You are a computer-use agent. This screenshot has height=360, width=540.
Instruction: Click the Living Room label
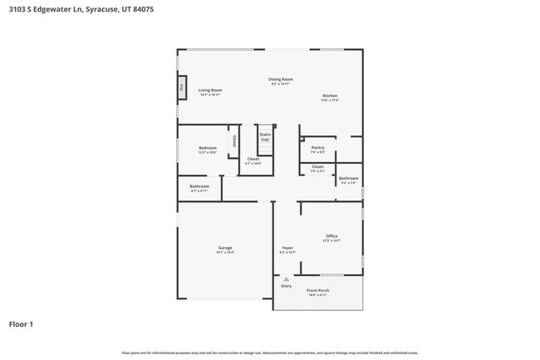pyautogui.click(x=209, y=90)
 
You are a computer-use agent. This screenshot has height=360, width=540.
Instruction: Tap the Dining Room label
pyautogui.click(x=282, y=80)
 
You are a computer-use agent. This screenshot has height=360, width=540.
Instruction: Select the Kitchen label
pyautogui.click(x=330, y=96)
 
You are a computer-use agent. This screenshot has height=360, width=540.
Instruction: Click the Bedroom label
pyautogui.click(x=207, y=148)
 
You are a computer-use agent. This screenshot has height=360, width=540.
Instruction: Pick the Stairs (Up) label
pyautogui.click(x=265, y=136)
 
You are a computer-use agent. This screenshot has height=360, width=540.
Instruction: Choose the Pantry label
pyautogui.click(x=317, y=148)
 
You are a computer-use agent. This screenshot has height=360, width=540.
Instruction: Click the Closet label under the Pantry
pyautogui.click(x=317, y=166)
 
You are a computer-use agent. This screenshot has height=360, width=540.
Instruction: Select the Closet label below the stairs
pyautogui.click(x=253, y=158)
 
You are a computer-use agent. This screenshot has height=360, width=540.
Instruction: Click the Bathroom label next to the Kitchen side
pyautogui.click(x=348, y=178)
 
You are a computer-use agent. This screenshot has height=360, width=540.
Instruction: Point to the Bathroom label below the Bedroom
pyautogui.click(x=199, y=186)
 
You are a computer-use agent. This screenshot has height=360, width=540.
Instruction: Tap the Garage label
pyautogui.click(x=224, y=247)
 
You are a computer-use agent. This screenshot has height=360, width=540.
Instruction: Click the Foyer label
pyautogui.click(x=287, y=247)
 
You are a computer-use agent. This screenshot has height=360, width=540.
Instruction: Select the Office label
pyautogui.click(x=331, y=236)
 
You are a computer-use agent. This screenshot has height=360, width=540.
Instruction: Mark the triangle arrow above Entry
pyautogui.click(x=286, y=279)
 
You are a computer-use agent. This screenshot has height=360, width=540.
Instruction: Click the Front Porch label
pyautogui.click(x=317, y=290)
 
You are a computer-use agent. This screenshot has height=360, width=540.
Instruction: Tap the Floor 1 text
pyautogui.click(x=21, y=324)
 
